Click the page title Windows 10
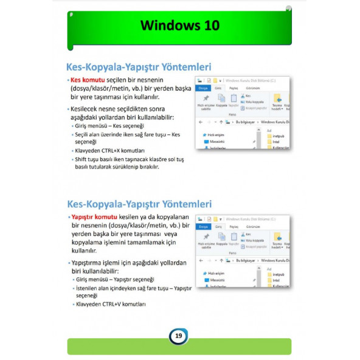click(179, 26)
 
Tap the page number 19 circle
click(178, 336)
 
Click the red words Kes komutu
click(88, 80)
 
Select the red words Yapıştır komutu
click(94, 216)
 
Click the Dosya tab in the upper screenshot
click(203, 88)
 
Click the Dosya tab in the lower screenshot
click(203, 226)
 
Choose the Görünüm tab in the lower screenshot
click(252, 226)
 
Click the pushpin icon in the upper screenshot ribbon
click(206, 98)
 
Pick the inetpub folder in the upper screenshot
click(278, 136)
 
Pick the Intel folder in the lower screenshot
click(277, 280)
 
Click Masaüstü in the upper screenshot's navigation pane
click(216, 141)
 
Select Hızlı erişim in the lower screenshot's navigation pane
click(216, 273)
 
